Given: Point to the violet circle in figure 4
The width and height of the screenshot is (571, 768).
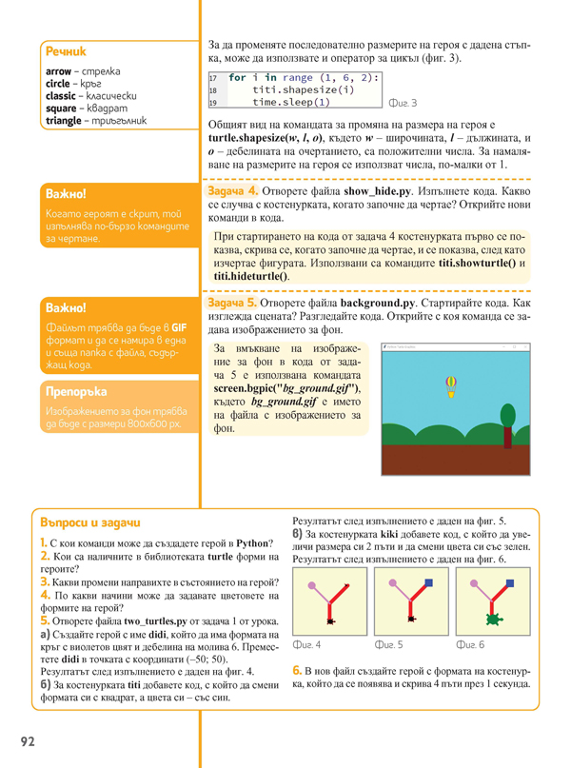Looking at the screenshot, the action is coord(312,584).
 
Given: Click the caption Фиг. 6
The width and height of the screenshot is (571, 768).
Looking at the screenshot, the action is coord(470,645).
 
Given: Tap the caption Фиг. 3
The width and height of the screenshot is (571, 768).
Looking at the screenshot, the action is coord(403,103).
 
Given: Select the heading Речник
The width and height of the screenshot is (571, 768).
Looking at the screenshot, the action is coord(66,51).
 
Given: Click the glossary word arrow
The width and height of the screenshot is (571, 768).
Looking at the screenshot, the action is coord(59,72).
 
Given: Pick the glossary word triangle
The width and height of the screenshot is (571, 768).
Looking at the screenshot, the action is coord(64,121).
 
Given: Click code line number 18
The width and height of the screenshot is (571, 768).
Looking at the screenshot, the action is coord(213,89).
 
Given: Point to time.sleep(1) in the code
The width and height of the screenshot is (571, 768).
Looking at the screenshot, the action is coord(291,102).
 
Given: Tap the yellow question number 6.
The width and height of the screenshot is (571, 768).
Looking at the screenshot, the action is coord(297,670).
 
